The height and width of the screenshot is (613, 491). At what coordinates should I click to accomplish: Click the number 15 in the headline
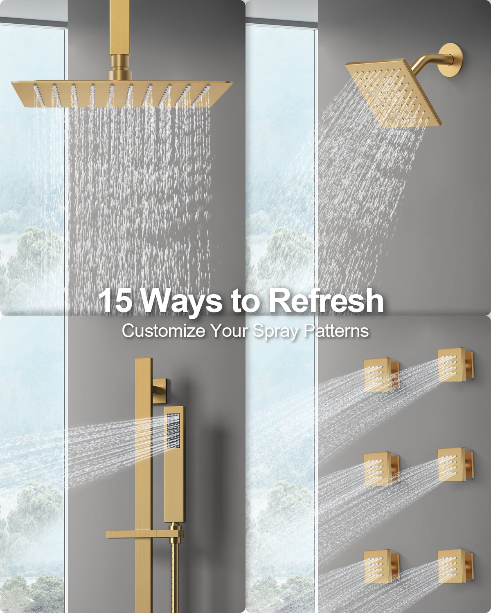coord(115,300)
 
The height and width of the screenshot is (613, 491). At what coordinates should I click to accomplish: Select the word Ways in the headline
coord(181,302)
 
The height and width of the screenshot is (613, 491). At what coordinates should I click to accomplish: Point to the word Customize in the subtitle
coord(164,331)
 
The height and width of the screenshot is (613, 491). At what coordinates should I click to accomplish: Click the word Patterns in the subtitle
coord(336,331)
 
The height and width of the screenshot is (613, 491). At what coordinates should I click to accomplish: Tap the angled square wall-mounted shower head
coord(393,93)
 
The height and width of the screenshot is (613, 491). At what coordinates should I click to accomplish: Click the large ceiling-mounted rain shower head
coord(122,94)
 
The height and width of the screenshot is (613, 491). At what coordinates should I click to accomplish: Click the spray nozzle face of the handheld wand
coord(173,430)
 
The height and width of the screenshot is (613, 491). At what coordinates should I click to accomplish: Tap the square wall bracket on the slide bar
coord(160,391)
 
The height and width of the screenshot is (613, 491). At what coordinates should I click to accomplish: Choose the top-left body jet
coord(381,375)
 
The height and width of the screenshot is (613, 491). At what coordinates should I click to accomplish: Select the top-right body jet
coord(456,365)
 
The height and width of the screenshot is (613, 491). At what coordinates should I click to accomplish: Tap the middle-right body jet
coord(456,465)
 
